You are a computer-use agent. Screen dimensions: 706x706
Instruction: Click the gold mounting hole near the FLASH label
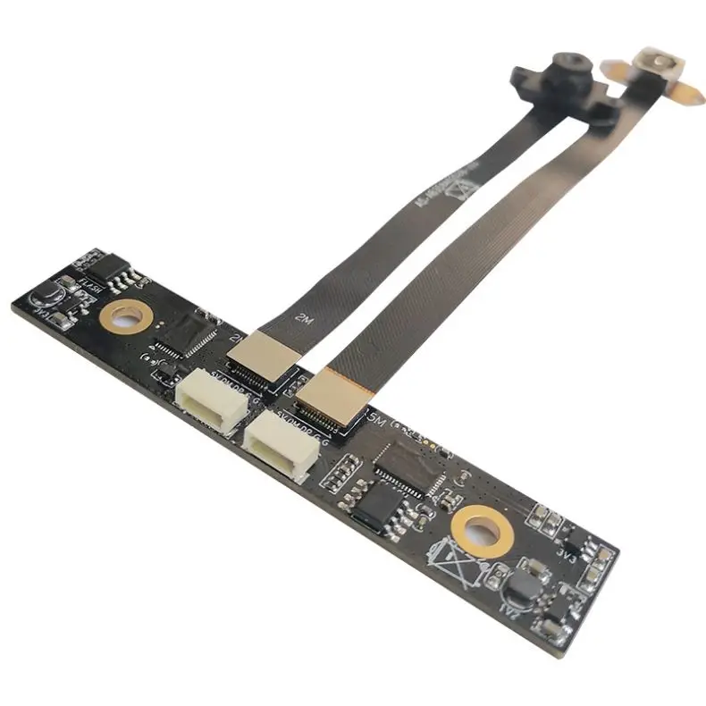125,315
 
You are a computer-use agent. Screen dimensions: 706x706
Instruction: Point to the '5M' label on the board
375,418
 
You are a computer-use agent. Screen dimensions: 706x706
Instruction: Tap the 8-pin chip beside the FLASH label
110,267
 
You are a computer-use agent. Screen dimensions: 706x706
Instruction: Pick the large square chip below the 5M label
408,464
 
